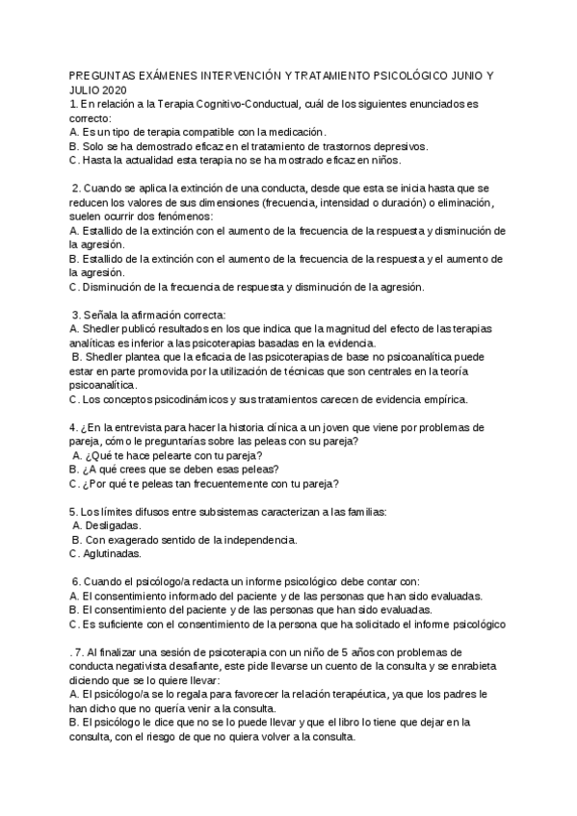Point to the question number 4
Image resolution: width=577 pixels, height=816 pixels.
point(74,427)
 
